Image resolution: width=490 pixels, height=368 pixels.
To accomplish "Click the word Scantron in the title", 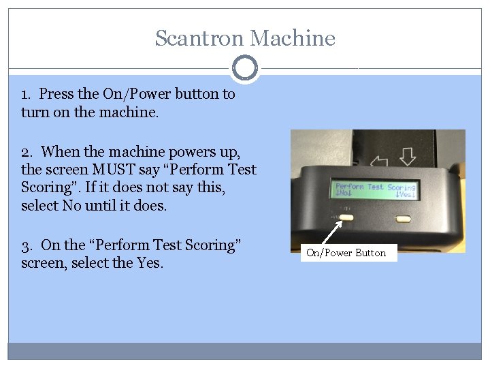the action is (199, 38).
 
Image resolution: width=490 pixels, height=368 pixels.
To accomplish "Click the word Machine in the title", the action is (293, 38).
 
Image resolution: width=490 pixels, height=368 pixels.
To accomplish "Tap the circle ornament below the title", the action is (245, 68).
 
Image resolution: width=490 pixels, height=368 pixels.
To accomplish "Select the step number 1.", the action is (26, 95).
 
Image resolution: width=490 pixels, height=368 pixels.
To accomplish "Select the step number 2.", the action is (27, 153).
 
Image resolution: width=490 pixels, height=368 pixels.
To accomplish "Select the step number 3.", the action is (27, 246).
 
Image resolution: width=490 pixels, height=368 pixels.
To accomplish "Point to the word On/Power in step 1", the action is (137, 94).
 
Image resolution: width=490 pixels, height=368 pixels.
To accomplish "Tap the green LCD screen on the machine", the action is (375, 190).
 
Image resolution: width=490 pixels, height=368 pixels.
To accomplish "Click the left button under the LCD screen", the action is (346, 217).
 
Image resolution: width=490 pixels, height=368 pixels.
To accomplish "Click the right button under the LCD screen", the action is (403, 219).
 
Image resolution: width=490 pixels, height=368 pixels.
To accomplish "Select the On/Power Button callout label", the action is (348, 253).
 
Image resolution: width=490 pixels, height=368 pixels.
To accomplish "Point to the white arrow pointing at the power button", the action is (331, 232).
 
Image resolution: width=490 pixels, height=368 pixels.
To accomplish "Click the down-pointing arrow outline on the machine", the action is (408, 157).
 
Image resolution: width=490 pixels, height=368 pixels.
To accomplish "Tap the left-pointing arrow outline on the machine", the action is (379, 161).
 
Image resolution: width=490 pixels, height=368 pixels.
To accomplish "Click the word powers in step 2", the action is (192, 153).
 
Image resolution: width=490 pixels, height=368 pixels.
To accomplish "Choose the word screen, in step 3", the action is (44, 263).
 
